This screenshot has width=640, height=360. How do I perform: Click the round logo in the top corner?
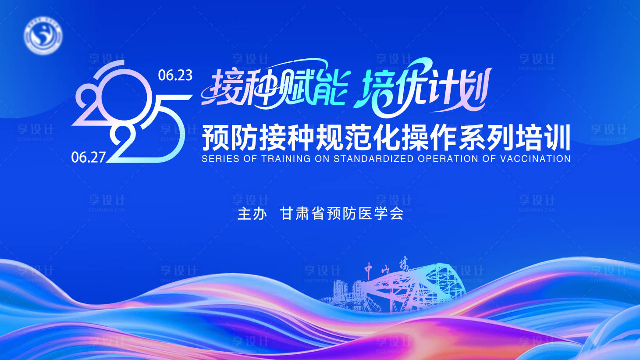point(43,35)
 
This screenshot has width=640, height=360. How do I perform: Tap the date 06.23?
point(175,75)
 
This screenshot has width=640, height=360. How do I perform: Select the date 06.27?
point(89,157)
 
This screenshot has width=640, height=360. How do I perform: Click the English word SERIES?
point(220,159)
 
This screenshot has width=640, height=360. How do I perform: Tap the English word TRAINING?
point(286,159)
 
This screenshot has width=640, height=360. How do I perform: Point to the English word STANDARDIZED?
point(373,159)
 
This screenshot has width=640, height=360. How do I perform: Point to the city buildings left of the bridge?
point(346,292)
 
